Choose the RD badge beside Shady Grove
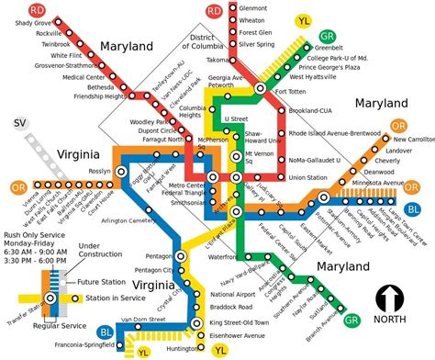click(13, 8)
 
